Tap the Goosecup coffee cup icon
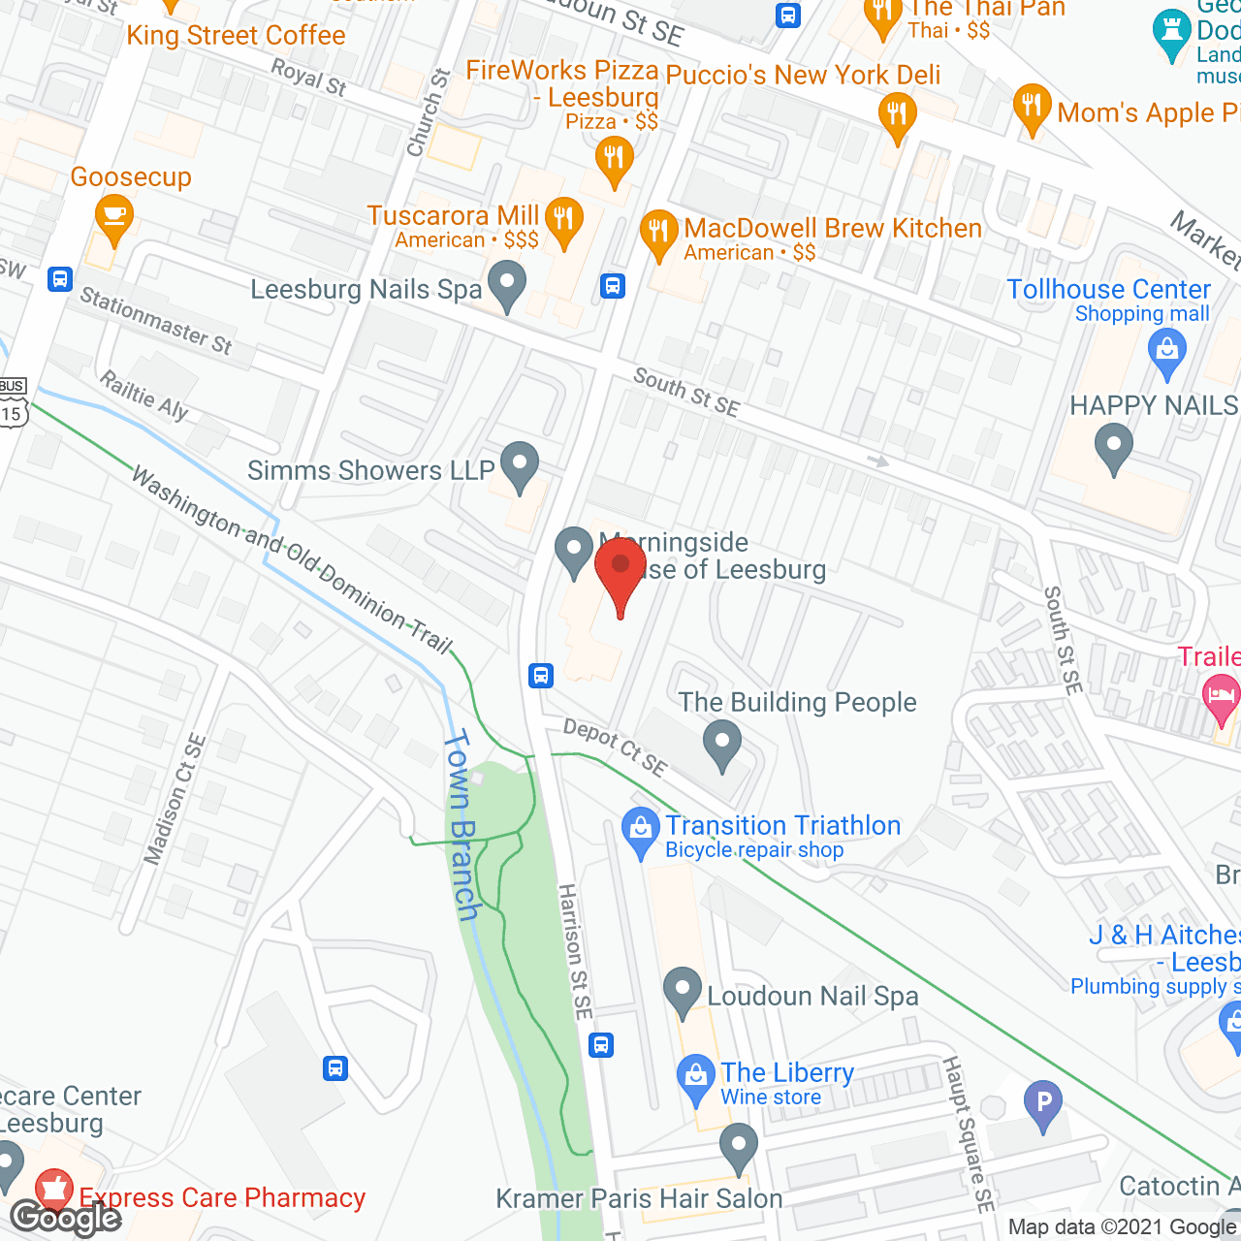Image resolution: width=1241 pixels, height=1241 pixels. [114, 218]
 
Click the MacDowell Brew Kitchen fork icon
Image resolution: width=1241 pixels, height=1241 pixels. [658, 234]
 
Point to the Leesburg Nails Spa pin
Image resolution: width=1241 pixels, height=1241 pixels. [506, 286]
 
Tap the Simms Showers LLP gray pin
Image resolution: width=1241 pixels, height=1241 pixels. [521, 466]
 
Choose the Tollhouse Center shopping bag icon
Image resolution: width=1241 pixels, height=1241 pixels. [1167, 351]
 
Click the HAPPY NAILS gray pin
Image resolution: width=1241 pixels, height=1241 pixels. [1114, 448]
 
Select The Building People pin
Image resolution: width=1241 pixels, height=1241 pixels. [722, 746]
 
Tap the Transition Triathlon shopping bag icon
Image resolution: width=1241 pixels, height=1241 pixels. [640, 831]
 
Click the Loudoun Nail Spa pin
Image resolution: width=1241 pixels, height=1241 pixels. [683, 991]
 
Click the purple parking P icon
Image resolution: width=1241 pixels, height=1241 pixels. [1043, 1103]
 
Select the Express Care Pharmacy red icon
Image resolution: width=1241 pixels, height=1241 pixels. [54, 1192]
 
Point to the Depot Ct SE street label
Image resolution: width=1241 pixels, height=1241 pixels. [616, 748]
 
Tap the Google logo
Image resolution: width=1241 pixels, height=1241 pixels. [65, 1218]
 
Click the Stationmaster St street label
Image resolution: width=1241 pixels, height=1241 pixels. [156, 321]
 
